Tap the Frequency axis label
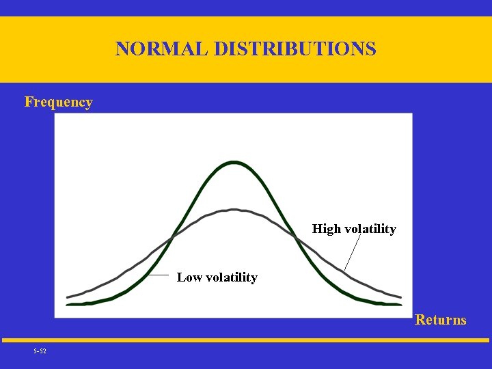coord(58,102)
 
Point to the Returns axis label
coord(441,320)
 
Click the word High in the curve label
coord(326,229)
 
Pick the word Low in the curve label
coord(189,277)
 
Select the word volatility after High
coord(370,229)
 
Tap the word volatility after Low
coord(231,277)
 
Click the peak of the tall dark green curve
coord(234,163)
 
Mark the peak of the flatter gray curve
coord(234,210)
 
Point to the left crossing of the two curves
coord(173,236)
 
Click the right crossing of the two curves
coord(296,237)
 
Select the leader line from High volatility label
coord(352,254)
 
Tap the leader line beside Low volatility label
coord(159,275)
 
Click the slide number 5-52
coord(40,351)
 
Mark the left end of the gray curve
coord(68,297)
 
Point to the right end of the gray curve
coord(400,297)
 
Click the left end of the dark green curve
coord(68,303)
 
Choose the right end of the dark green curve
coord(400,303)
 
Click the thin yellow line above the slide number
coord(246,340)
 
